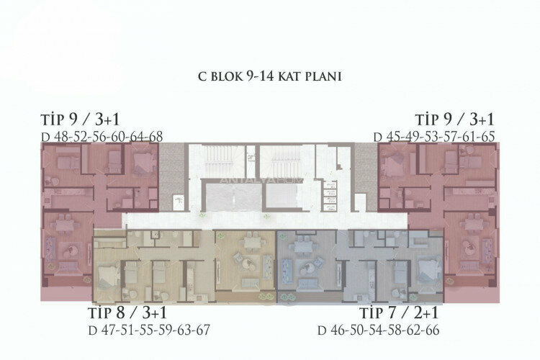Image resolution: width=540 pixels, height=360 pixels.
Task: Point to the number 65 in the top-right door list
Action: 487,136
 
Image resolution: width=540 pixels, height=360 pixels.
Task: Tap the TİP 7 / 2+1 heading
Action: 400,314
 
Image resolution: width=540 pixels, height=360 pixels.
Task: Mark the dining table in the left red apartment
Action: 63,221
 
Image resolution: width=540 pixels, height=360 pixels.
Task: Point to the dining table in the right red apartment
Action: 476,221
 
